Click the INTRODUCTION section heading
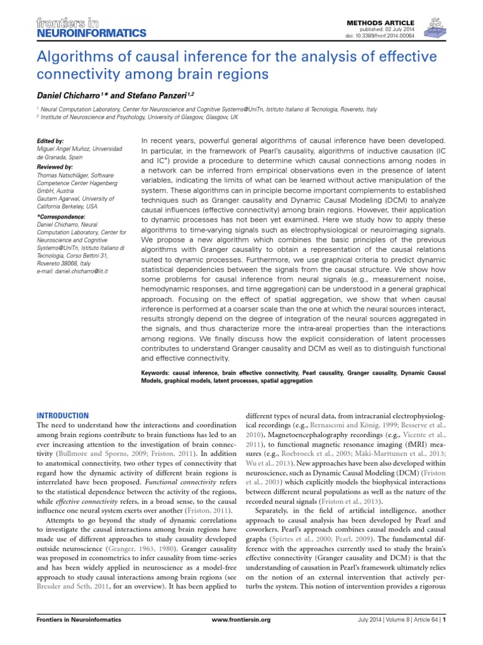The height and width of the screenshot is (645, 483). click(x=63, y=416)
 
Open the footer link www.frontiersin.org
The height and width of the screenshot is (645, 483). click(x=241, y=637)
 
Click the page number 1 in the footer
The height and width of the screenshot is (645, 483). click(x=445, y=637)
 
